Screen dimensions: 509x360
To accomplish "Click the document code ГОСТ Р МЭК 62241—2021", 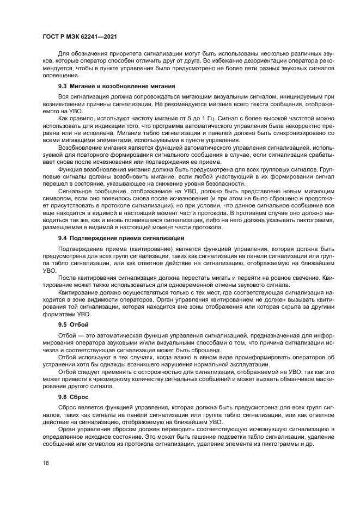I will pyautogui.click(x=80, y=36).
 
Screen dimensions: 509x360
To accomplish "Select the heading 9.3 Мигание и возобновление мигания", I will pyautogui.click(x=116, y=86).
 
